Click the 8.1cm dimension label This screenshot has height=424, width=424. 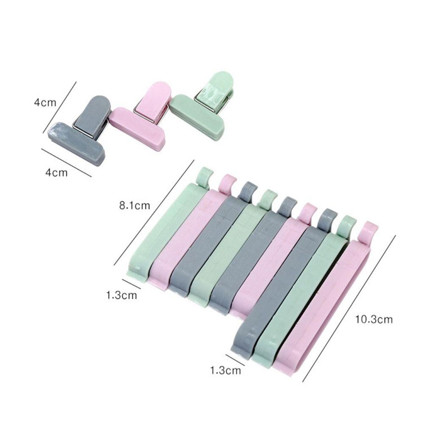[x=135, y=206]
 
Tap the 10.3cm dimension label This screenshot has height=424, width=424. [x=374, y=319]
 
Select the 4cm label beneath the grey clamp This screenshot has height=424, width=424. [x=57, y=173]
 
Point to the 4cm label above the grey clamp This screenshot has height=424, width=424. [x=45, y=103]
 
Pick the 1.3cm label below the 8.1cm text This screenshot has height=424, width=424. [x=122, y=295]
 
